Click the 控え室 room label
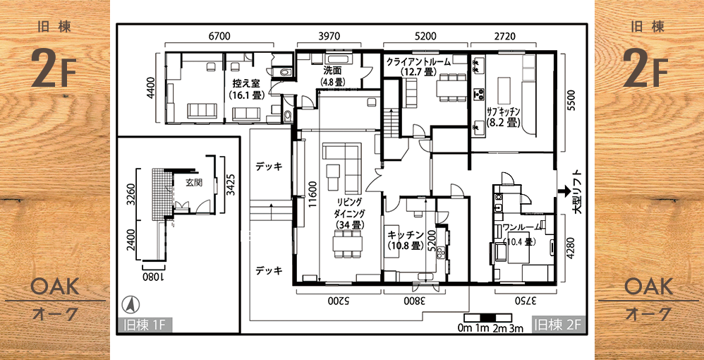pyautogui.click(x=245, y=83)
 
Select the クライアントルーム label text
pyautogui.click(x=418, y=62)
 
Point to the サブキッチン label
pyautogui.click(x=503, y=111)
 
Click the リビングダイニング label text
pyautogui.click(x=350, y=207)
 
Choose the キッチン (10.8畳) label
pyautogui.click(x=406, y=234)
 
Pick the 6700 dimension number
pyautogui.click(x=219, y=36)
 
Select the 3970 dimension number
pyautogui.click(x=329, y=36)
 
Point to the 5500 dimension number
pyautogui.click(x=571, y=104)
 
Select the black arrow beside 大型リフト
pyautogui.click(x=564, y=192)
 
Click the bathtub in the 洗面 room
pyautogui.click(x=339, y=59)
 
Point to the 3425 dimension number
pyautogui.click(x=230, y=183)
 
